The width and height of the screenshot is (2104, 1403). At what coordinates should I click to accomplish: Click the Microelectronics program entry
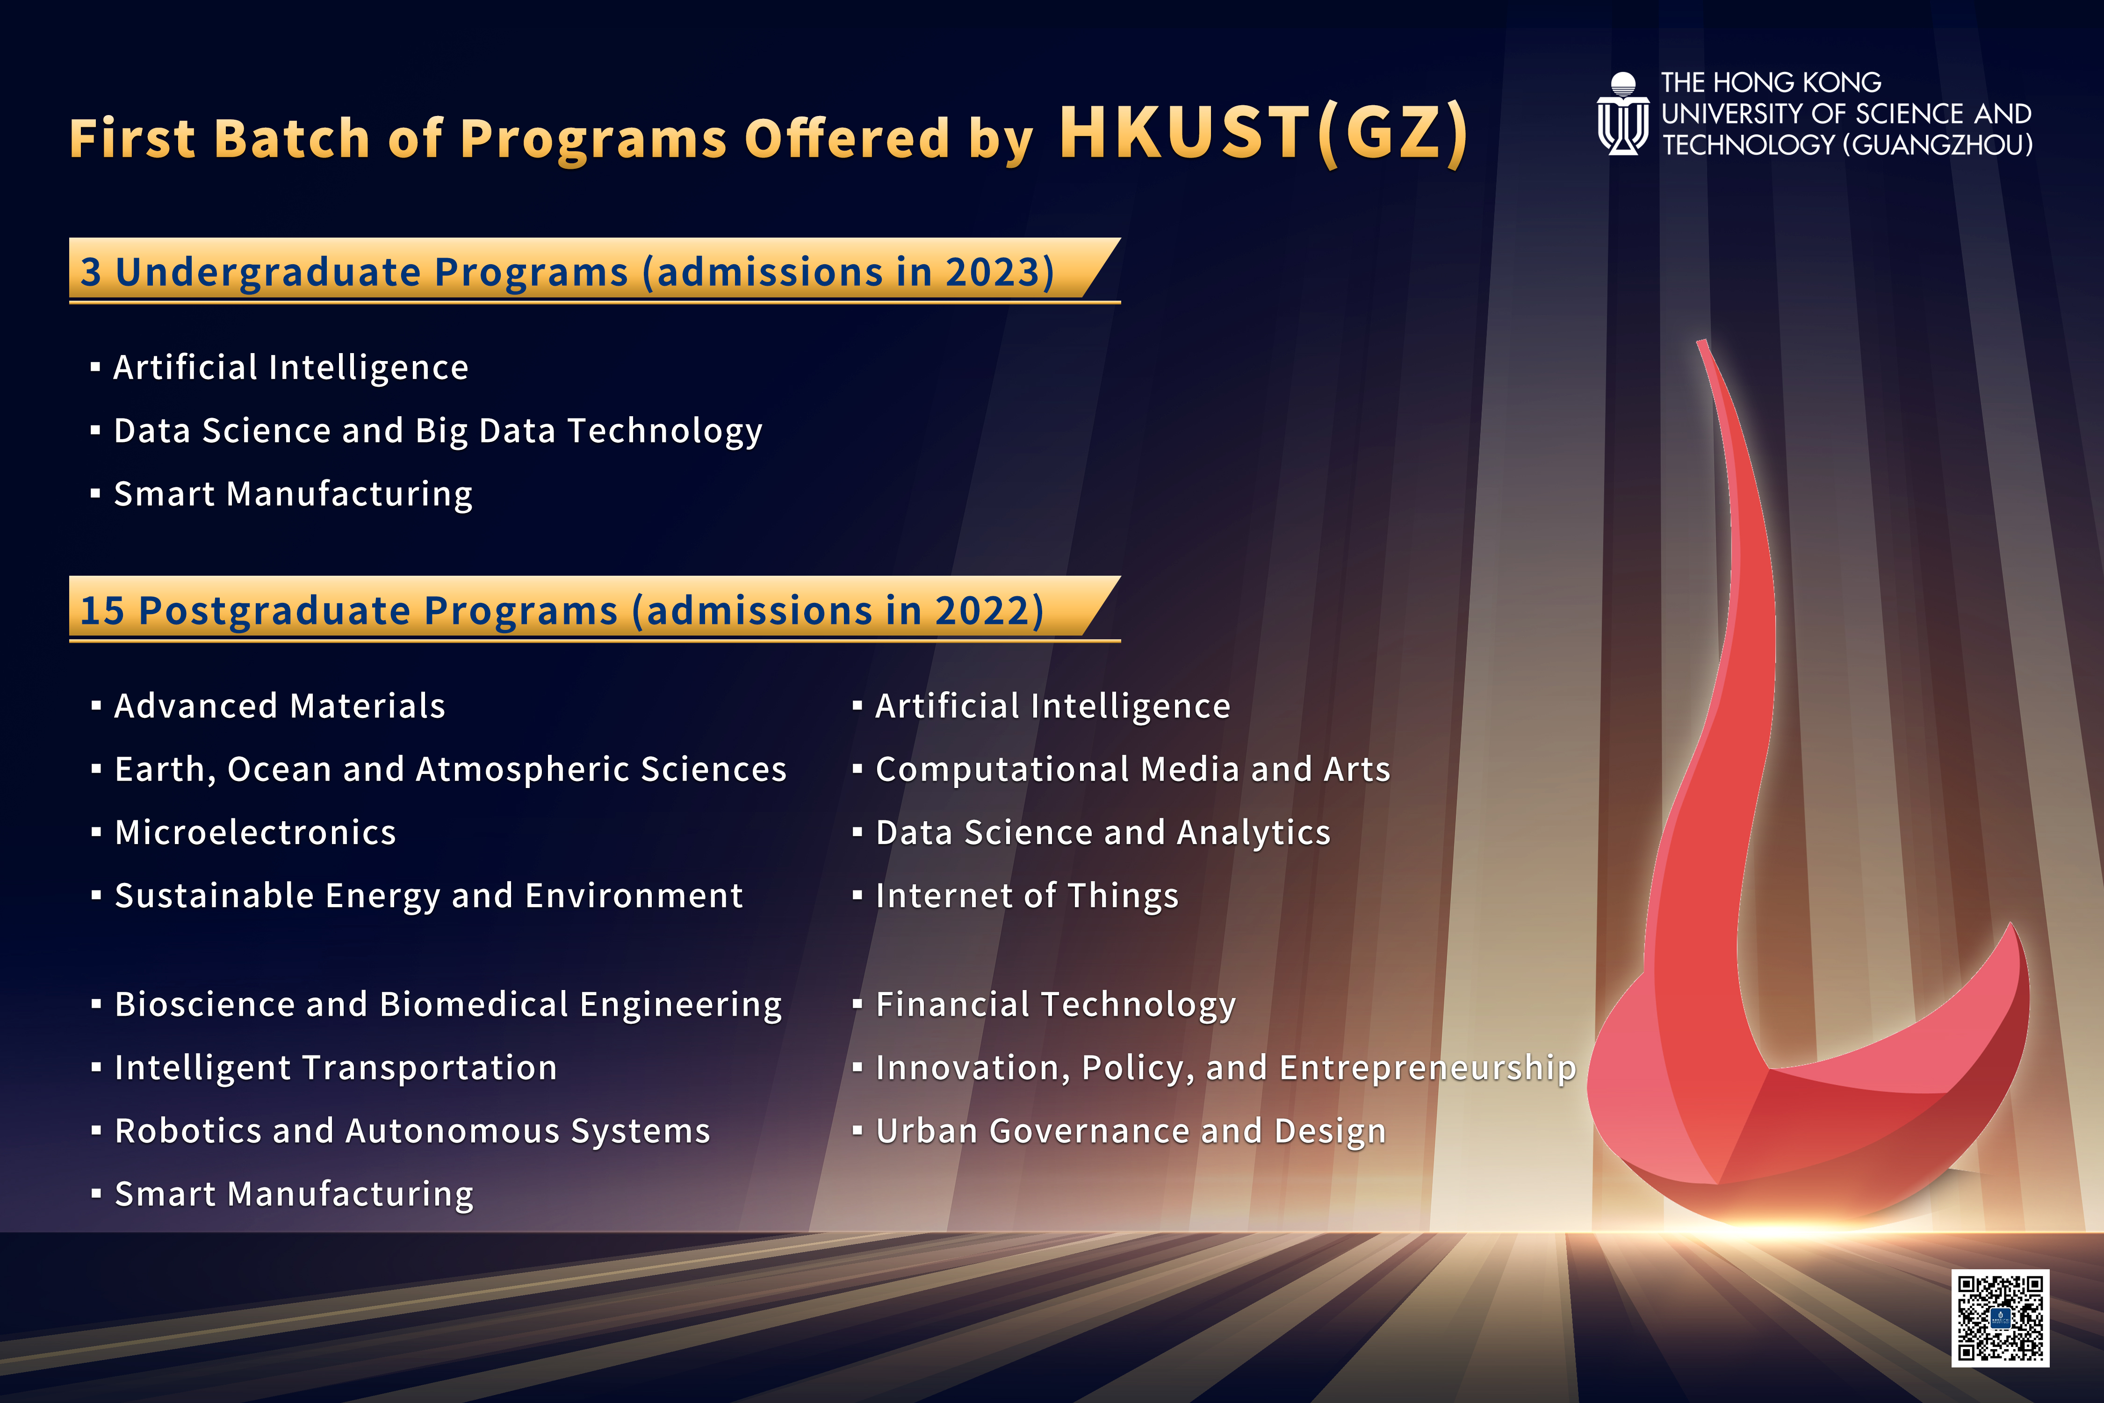tap(255, 833)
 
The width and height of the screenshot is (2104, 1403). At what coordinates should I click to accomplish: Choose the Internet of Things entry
tap(1027, 896)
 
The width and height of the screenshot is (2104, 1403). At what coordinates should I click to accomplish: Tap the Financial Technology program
tap(1056, 1005)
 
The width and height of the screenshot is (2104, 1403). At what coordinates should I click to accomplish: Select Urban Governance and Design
tap(1131, 1131)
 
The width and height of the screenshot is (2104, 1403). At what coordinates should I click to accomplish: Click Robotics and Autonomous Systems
tap(412, 1131)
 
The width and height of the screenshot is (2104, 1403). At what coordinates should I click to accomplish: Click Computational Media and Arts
tap(1132, 769)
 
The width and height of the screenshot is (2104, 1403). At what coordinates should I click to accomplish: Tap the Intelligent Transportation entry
tap(335, 1068)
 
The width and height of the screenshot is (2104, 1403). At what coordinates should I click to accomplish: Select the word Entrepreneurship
tap(1428, 1068)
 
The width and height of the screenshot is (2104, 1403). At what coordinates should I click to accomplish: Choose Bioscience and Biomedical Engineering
tap(448, 1005)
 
